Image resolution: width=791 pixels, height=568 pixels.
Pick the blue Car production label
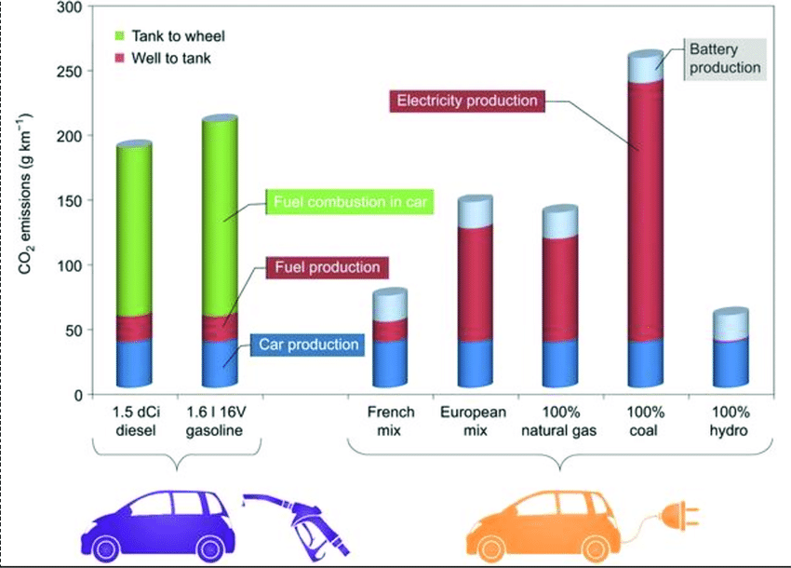pyautogui.click(x=309, y=345)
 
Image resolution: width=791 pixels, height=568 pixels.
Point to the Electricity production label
pyautogui.click(x=466, y=100)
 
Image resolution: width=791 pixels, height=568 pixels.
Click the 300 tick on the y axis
pyautogui.click(x=72, y=7)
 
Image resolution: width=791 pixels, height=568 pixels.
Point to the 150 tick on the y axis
pyautogui.click(x=72, y=200)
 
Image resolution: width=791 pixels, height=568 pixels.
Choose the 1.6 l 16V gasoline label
pyautogui.click(x=220, y=421)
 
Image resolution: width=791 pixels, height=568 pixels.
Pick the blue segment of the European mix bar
pyautogui.click(x=475, y=363)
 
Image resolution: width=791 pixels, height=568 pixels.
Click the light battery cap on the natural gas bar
pyautogui.click(x=560, y=222)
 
